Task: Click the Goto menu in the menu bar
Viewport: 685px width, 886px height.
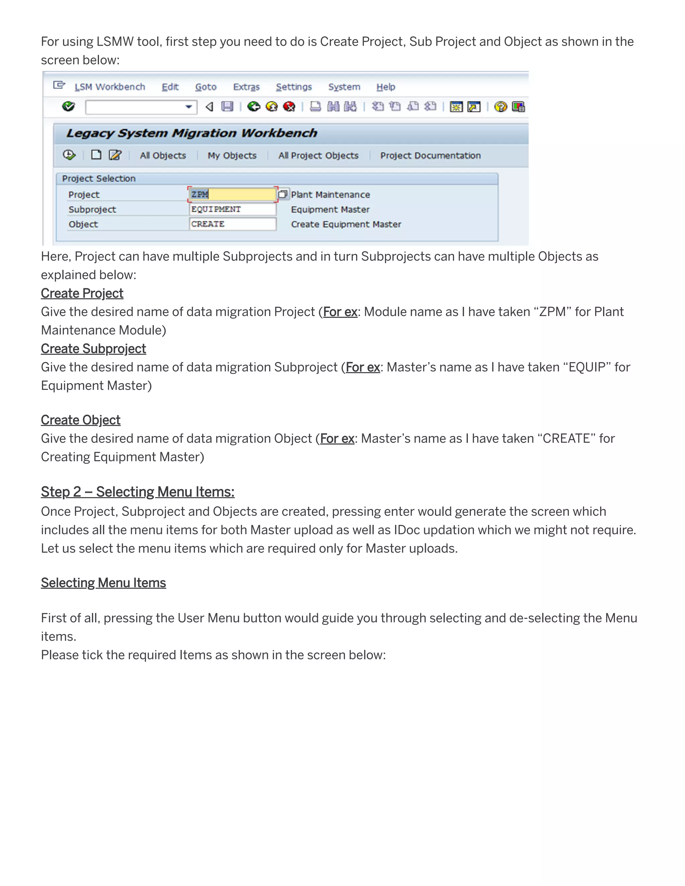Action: [x=205, y=87]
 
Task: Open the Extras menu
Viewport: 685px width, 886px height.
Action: [x=246, y=87]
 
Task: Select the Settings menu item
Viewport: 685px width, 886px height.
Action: [x=293, y=87]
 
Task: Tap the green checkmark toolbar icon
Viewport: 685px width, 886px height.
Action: [x=69, y=106]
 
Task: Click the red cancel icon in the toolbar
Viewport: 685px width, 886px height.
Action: [x=289, y=106]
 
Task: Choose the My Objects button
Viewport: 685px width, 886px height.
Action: [x=232, y=155]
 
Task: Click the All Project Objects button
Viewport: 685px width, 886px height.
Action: [x=318, y=155]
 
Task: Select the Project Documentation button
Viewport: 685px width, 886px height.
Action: [x=430, y=155]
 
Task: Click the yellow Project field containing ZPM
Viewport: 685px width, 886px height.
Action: [x=232, y=194]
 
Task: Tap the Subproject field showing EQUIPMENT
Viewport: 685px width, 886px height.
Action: [x=232, y=209]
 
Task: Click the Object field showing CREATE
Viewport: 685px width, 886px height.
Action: [x=232, y=224]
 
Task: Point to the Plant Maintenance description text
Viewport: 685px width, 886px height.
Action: [x=330, y=195]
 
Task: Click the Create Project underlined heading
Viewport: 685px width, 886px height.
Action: [x=82, y=293]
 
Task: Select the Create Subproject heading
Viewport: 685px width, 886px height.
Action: [x=93, y=349]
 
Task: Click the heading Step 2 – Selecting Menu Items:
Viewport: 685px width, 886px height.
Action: [x=137, y=492]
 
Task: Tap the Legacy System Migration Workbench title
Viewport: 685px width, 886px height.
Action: [x=192, y=133]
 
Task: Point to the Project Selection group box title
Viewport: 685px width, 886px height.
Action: [x=99, y=179]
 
